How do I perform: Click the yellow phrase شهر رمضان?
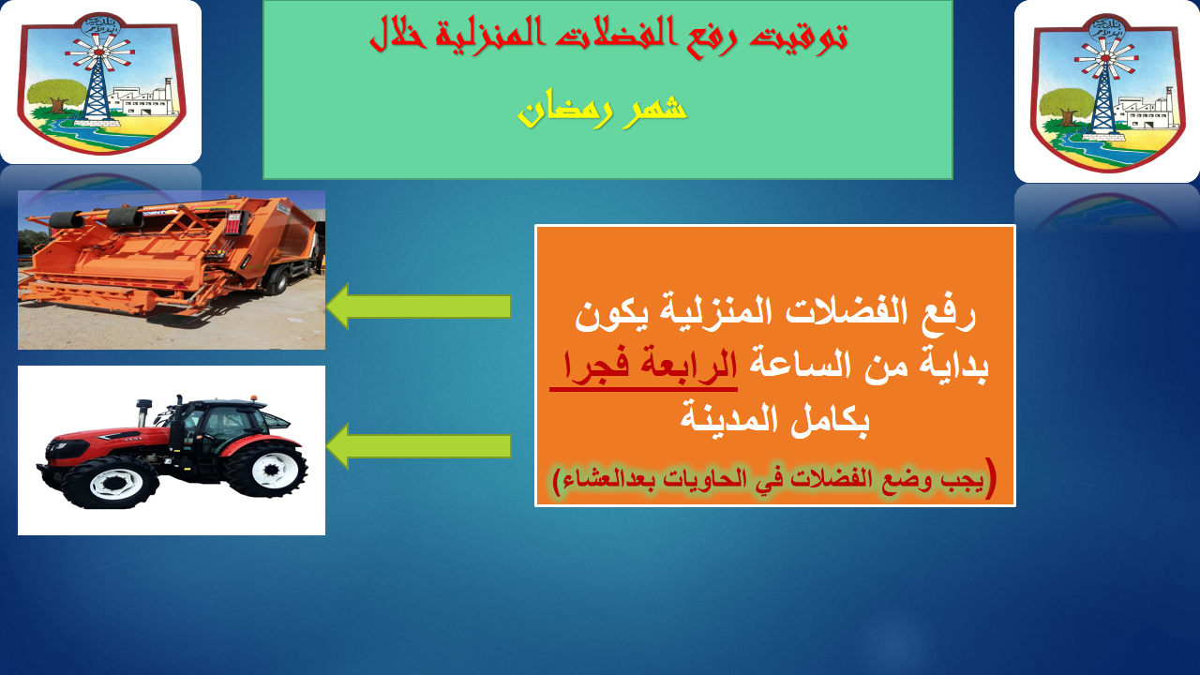(x=602, y=108)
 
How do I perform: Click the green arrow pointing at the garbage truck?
(x=418, y=307)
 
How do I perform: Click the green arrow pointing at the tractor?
(x=418, y=445)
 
